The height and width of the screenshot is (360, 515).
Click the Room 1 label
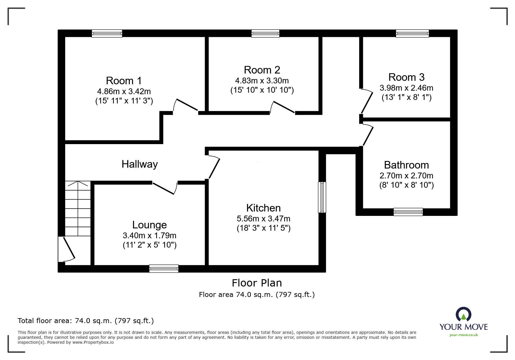pyautogui.click(x=124, y=80)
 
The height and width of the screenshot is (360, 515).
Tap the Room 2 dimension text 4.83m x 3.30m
pyautogui.click(x=262, y=80)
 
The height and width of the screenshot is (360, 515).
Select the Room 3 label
pyautogui.click(x=407, y=77)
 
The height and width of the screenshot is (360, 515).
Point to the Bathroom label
pyautogui.click(x=407, y=165)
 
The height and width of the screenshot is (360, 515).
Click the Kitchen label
pyautogui.click(x=263, y=208)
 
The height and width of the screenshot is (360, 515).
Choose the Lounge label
pyautogui.click(x=149, y=225)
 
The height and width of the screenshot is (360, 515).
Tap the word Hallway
pyautogui.click(x=140, y=164)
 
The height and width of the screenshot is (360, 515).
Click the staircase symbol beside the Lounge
pyautogui.click(x=78, y=208)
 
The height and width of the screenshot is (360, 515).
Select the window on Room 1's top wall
pyautogui.click(x=107, y=33)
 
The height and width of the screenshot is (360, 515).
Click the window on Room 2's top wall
pyautogui.click(x=265, y=33)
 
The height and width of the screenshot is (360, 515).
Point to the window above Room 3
pyautogui.click(x=412, y=33)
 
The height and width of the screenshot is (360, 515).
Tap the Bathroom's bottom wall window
pyautogui.click(x=408, y=212)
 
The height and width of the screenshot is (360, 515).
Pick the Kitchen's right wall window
pyautogui.click(x=322, y=197)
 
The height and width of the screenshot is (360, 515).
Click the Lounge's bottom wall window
pyautogui.click(x=164, y=268)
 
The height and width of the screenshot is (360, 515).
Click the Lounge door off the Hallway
pyautogui.click(x=165, y=188)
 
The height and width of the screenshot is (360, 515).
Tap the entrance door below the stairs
pyautogui.click(x=67, y=249)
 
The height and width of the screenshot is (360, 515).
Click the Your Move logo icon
pyautogui.click(x=464, y=315)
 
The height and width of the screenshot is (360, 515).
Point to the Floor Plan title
pyautogui.click(x=257, y=283)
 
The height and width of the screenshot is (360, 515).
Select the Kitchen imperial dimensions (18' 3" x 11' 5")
pyautogui.click(x=263, y=228)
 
